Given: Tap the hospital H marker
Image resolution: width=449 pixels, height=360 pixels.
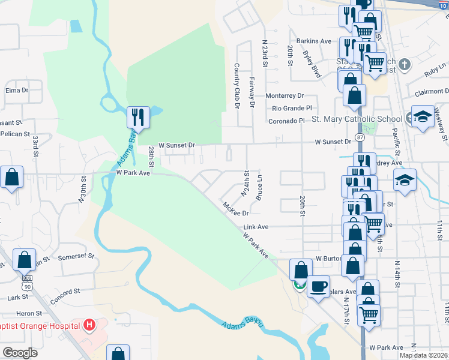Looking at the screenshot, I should [89, 326].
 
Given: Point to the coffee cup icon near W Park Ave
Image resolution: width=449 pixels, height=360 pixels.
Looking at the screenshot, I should [318, 286].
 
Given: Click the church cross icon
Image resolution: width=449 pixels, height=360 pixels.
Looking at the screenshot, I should [405, 64].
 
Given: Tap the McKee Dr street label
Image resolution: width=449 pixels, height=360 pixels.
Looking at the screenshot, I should [235, 209].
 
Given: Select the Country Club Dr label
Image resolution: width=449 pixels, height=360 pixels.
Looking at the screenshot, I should [237, 86].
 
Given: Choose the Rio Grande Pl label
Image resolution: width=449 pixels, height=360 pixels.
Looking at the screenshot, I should [292, 109].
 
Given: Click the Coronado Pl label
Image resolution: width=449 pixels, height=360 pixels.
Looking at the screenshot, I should [287, 121].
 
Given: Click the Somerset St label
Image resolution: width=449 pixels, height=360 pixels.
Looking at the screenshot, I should [77, 257].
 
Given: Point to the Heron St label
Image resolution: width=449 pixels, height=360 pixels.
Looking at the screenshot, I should [29, 313].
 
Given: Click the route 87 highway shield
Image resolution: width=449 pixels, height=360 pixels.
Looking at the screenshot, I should [360, 137].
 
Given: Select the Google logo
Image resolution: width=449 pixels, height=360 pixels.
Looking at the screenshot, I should [20, 353].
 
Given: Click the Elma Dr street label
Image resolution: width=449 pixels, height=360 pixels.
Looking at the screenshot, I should [17, 91].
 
